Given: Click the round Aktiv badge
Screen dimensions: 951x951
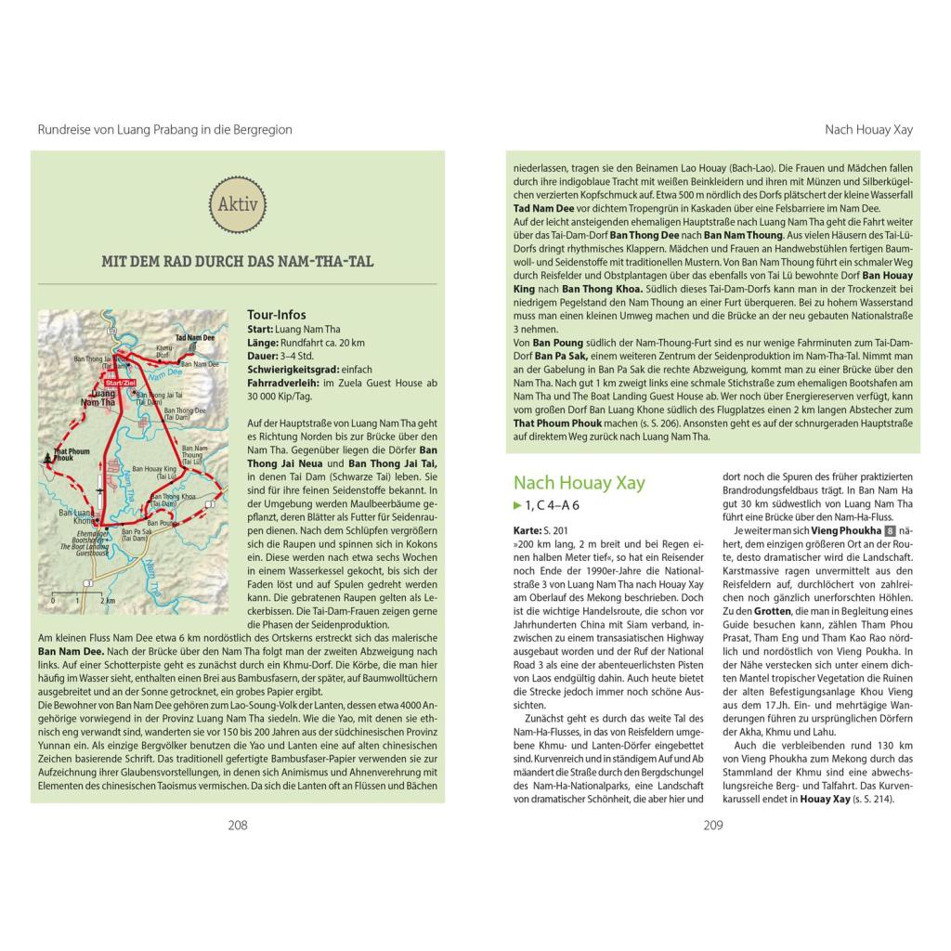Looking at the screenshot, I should point(238,205).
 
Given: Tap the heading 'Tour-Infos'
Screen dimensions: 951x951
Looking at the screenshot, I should point(277,315).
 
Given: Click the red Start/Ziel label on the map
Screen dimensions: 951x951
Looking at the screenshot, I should point(120,382).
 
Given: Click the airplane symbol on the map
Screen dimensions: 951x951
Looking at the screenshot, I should point(99,489).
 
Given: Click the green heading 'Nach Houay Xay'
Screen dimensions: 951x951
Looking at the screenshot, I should point(579,482).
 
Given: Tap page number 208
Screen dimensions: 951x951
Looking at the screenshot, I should point(238,825).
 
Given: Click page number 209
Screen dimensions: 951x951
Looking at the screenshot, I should point(712,825).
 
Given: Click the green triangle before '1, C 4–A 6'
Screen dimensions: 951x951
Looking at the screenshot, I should point(517,505).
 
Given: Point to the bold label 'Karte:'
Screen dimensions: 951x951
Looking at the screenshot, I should point(528,529).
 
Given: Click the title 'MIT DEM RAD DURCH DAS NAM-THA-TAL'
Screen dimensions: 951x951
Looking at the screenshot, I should point(238,261).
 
